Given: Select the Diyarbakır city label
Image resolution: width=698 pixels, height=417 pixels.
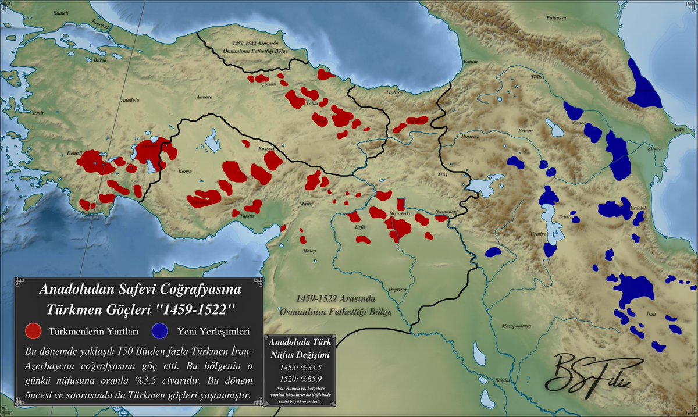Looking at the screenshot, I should tap(401, 213).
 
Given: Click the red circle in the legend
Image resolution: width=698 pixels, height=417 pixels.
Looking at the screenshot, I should tap(34, 331).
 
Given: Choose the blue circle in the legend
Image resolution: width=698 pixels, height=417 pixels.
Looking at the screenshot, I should tap(160, 331).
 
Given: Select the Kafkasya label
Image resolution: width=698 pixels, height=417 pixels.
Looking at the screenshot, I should tap(556, 18).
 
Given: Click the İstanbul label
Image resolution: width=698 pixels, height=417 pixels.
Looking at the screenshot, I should tap(101, 26).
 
